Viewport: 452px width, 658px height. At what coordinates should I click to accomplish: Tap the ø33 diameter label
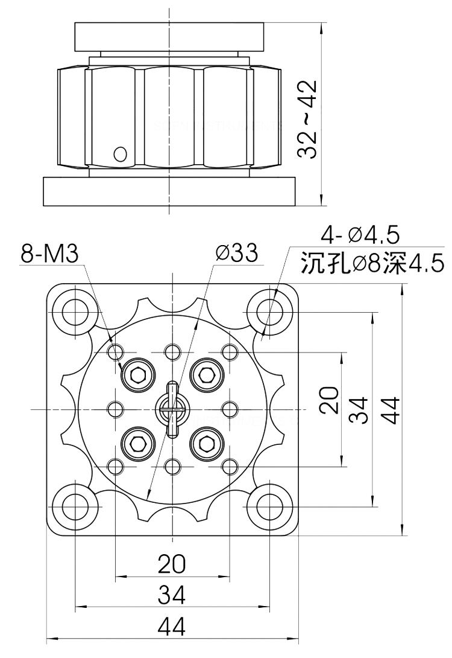click(x=237, y=253)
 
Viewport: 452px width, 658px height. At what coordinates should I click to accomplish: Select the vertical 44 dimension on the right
click(x=389, y=410)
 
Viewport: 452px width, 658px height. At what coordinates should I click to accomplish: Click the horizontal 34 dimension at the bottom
click(x=172, y=595)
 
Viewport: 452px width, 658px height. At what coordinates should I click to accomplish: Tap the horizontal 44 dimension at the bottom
click(x=172, y=627)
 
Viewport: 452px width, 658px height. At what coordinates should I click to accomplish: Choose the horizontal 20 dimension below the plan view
click(x=172, y=564)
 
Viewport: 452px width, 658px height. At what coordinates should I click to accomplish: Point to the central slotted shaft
click(x=172, y=409)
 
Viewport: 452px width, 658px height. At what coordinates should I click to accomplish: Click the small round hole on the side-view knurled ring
click(x=120, y=154)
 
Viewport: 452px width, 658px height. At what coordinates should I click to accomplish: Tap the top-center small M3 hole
click(x=172, y=351)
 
